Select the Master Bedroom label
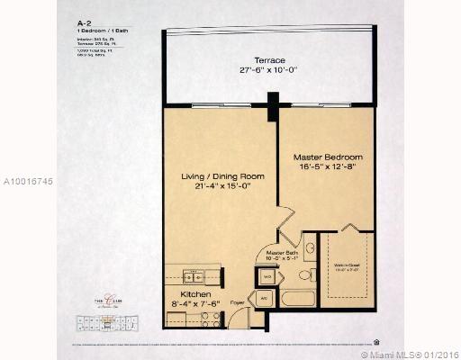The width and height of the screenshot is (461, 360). (x=329, y=155)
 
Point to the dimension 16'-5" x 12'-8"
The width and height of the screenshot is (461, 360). (x=329, y=166)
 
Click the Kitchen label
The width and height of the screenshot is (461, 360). (x=195, y=294)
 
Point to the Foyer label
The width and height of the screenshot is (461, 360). (x=238, y=302)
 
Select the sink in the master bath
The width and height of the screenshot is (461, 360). (x=308, y=245)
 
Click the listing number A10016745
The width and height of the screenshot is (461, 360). (x=28, y=181)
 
